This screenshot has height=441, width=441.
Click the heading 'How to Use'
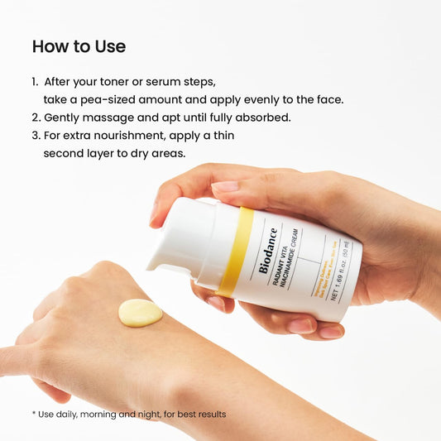click(79, 47)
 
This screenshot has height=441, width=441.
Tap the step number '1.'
click(36, 83)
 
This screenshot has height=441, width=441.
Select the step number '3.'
click(36, 136)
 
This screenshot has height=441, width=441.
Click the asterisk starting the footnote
click(34, 413)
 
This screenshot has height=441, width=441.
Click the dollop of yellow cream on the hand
click(140, 313)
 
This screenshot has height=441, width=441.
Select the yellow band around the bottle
click(235, 252)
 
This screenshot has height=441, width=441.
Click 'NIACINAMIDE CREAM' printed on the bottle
click(290, 263)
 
